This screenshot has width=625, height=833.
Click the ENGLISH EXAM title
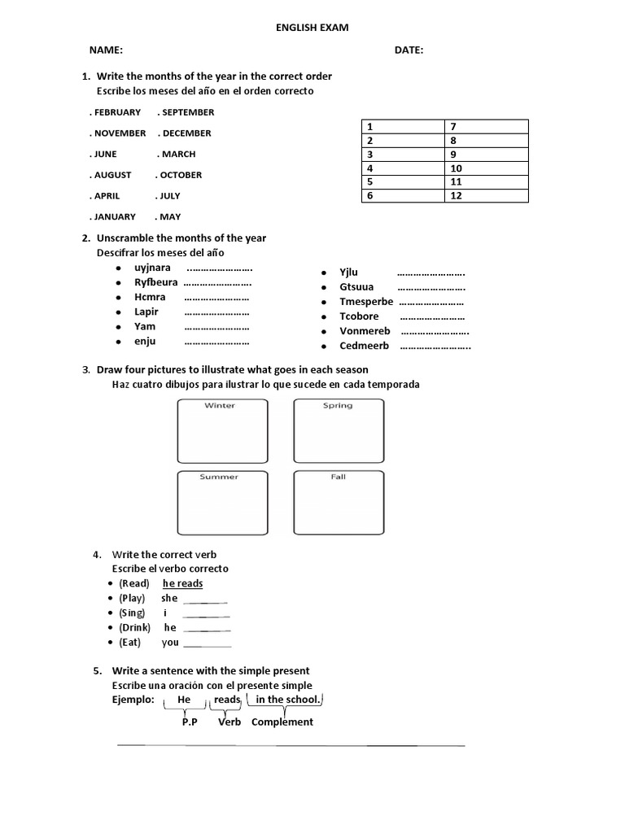click(x=313, y=28)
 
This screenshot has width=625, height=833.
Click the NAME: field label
click(x=106, y=50)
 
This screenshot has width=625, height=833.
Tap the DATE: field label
click(x=409, y=50)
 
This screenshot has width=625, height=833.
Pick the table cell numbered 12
click(x=486, y=195)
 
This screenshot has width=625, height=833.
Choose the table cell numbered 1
click(x=402, y=127)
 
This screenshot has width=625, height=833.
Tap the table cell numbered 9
click(x=486, y=155)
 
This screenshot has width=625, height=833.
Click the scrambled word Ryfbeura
click(x=155, y=282)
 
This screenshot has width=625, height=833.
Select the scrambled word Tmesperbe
click(x=366, y=302)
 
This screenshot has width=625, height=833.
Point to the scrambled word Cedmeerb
click(x=364, y=346)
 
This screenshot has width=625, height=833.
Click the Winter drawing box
click(x=221, y=431)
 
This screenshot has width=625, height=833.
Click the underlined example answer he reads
click(x=183, y=583)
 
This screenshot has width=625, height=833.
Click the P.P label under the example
click(x=190, y=722)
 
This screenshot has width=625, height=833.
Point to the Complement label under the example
click(x=282, y=722)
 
